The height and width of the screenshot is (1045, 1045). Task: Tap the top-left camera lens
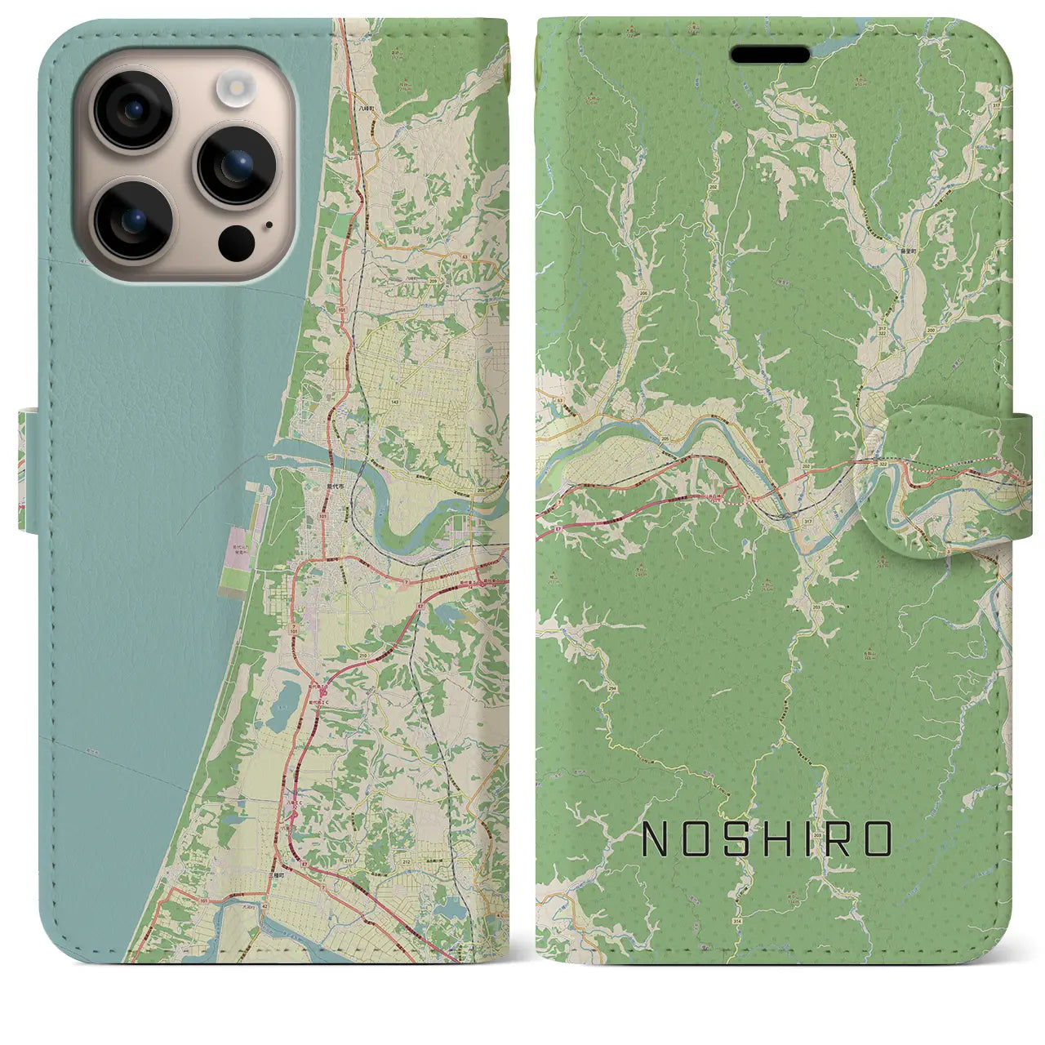coord(133,111)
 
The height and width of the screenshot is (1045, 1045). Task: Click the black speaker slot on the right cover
coord(770,55)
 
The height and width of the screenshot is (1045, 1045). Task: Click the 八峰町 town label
coord(364,107)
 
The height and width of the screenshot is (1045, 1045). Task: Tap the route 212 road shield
coord(406,859)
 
